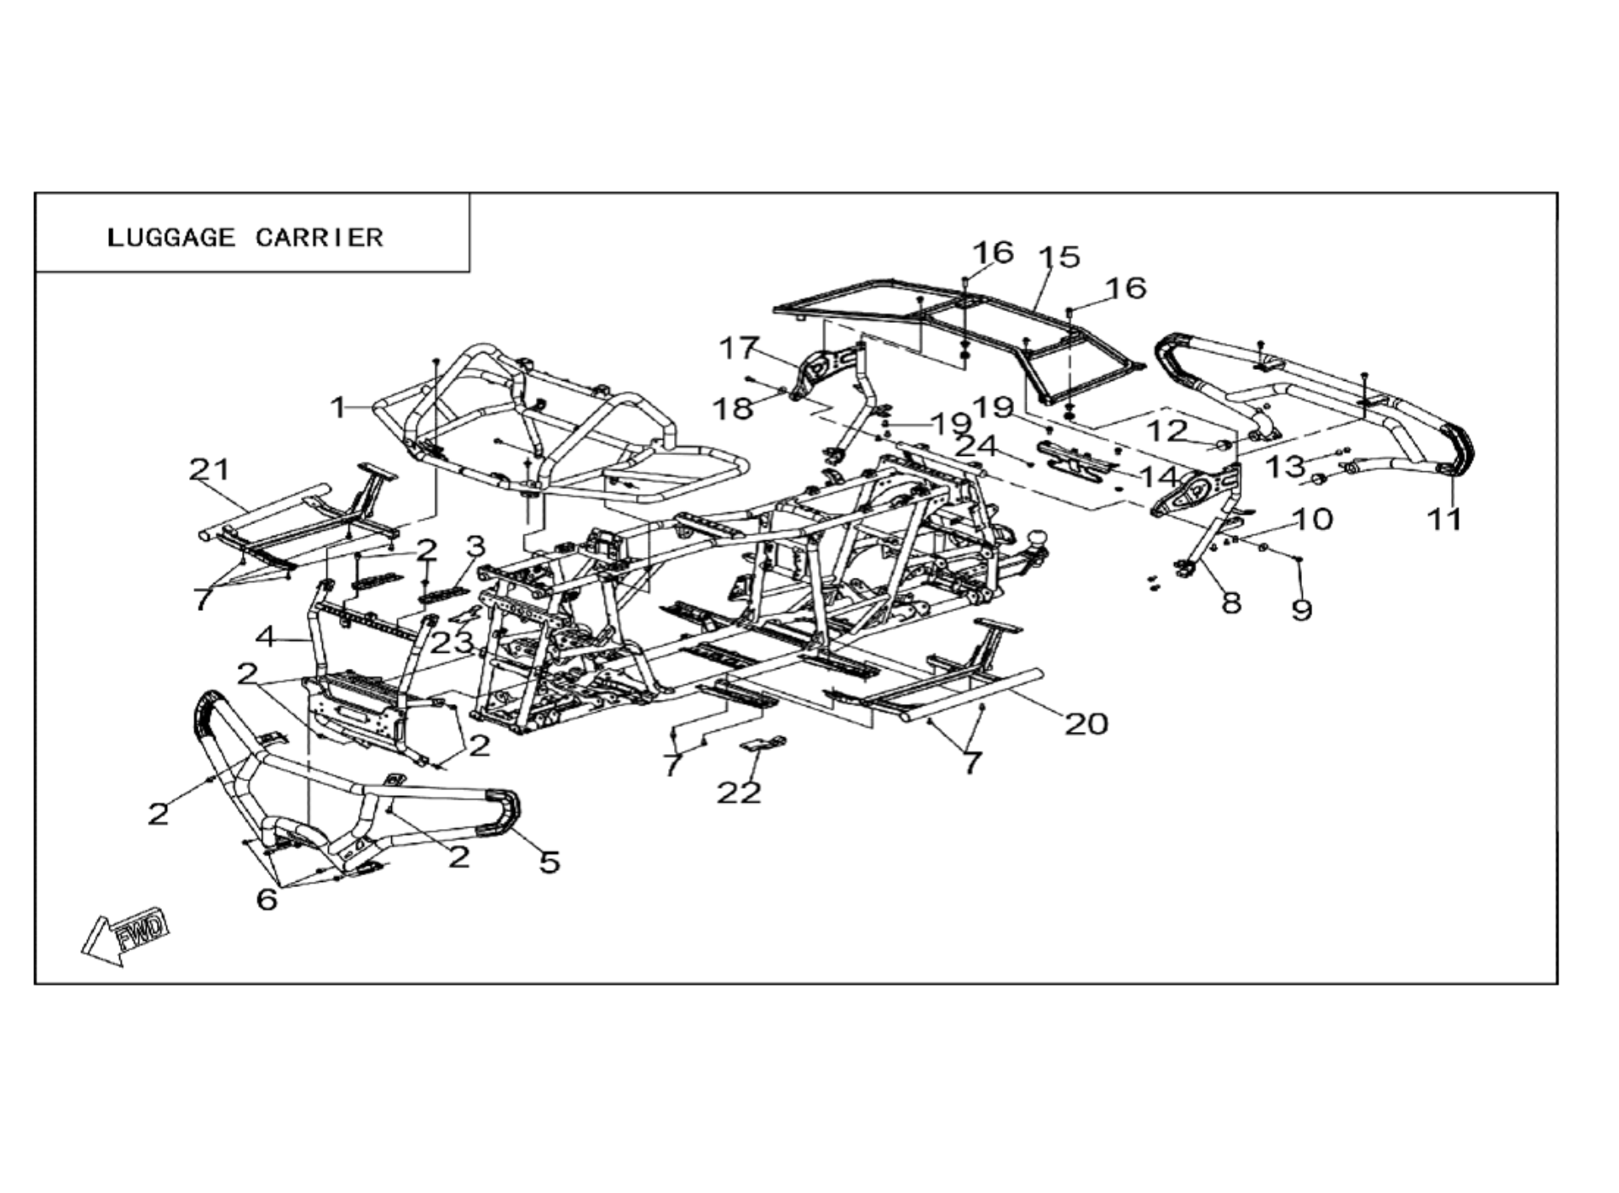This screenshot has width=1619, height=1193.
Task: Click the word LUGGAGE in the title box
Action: (170, 237)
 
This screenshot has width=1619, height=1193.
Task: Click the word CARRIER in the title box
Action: (320, 237)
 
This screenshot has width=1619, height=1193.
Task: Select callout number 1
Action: (339, 407)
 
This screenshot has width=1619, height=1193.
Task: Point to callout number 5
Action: (550, 862)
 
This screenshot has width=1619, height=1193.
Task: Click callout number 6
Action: (267, 898)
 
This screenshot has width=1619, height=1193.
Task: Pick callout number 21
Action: (210, 469)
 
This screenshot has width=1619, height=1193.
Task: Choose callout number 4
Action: (267, 636)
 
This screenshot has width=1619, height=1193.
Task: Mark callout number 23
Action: (451, 643)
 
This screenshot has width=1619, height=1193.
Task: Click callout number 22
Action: (738, 792)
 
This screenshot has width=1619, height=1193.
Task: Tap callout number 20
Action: (1086, 723)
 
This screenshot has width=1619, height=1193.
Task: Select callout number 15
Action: (1059, 256)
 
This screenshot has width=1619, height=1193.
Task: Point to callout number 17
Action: (738, 348)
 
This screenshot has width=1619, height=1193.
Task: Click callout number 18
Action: (733, 408)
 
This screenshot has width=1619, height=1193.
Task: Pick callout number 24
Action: (976, 445)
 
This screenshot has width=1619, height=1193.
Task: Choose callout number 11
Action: (1444, 518)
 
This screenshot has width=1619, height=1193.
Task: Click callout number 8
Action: (1231, 602)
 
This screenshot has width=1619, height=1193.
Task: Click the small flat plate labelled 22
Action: (764, 744)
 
